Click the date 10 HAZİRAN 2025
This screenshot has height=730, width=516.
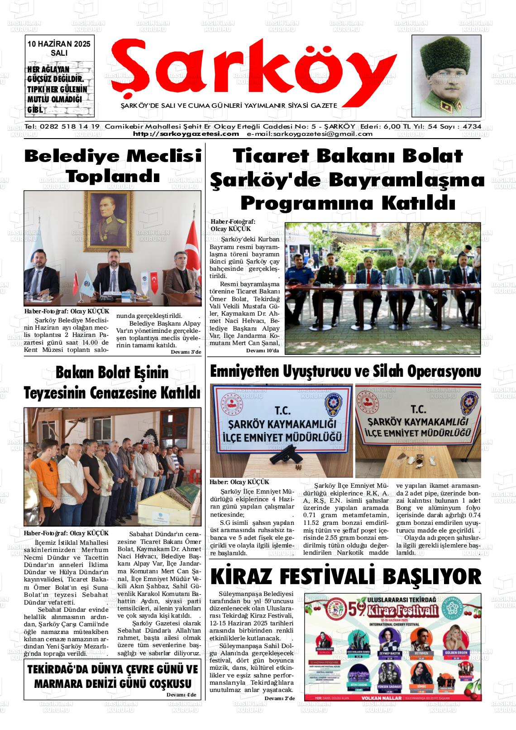point(59,44)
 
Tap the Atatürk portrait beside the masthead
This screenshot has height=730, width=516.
point(446,76)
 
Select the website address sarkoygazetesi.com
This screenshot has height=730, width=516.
point(186,134)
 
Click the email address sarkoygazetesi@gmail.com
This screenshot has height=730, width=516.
point(310,134)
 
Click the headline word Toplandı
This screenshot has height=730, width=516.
point(113,176)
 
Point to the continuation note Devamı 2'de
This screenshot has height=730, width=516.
point(279,699)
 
